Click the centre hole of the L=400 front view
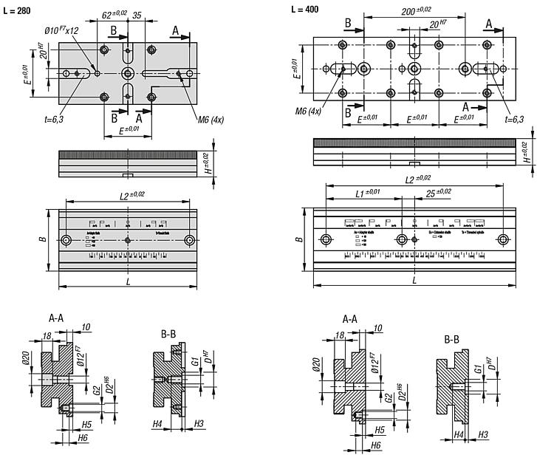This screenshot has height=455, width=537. [403, 240]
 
